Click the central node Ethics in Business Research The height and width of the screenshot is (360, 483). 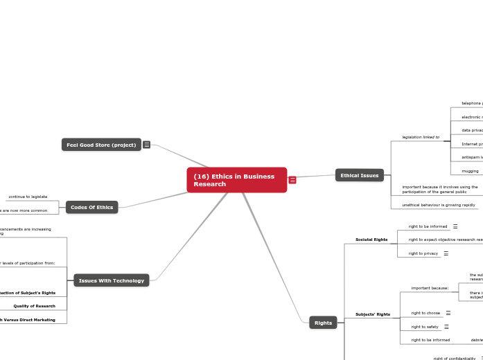[236, 180]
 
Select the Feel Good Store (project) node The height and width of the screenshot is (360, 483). [101, 145]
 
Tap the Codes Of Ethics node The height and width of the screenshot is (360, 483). [92, 207]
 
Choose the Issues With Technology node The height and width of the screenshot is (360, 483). [112, 280]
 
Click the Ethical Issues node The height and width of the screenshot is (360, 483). [359, 176]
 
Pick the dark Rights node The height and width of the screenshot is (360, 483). [323, 323]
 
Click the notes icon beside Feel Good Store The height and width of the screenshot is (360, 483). [147, 145]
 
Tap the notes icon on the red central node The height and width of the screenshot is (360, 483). [292, 180]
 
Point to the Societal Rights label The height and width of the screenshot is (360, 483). [371, 240]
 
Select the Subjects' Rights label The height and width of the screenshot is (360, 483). [373, 314]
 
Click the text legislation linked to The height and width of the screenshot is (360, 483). [421, 137]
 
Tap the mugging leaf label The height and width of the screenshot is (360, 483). [470, 170]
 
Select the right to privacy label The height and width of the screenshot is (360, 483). [423, 253]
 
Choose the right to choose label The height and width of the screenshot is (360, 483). [425, 313]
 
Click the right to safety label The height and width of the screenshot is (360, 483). [425, 327]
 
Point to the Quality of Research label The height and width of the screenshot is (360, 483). [35, 306]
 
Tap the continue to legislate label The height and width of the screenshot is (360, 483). [28, 197]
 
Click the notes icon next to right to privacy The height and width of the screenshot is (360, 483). [446, 253]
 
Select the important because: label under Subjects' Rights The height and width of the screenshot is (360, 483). [430, 288]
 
